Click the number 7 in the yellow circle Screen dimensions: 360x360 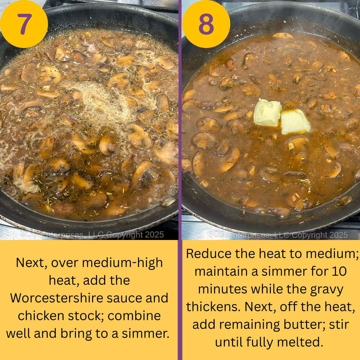[x=24, y=24]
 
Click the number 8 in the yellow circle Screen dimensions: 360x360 [x=206, y=24]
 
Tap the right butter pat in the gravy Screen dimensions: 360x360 [x=295, y=121]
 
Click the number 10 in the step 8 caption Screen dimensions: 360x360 [x=339, y=271]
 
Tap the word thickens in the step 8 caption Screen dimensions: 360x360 [x=213, y=307]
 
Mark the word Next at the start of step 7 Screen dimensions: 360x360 [x=31, y=263]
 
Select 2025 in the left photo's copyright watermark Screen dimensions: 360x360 [x=154, y=235]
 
